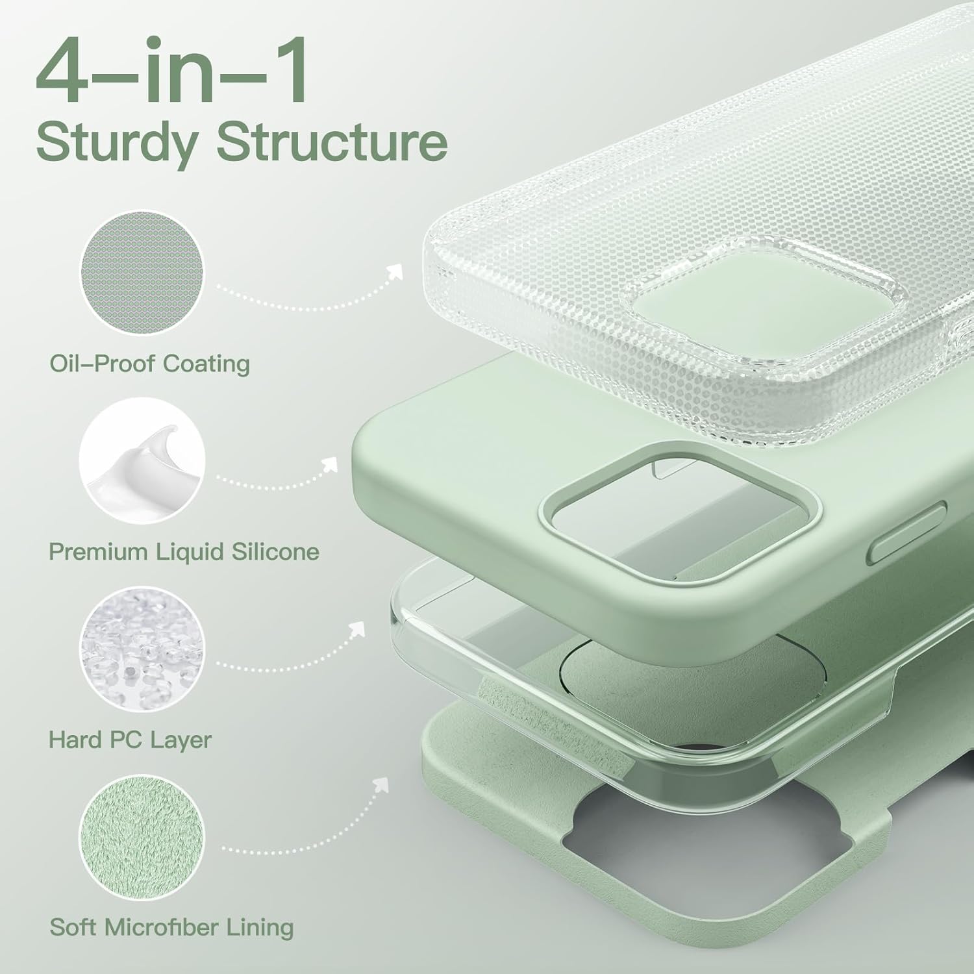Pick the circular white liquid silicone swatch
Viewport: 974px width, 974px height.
coord(142,460)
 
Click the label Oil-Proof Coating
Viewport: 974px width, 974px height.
coord(149,364)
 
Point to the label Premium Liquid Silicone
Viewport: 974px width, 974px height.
coord(184,552)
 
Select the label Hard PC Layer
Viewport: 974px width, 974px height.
coord(130,740)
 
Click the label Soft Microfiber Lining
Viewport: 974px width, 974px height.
coord(171,927)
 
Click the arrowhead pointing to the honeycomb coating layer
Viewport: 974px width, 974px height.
coord(394,272)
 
